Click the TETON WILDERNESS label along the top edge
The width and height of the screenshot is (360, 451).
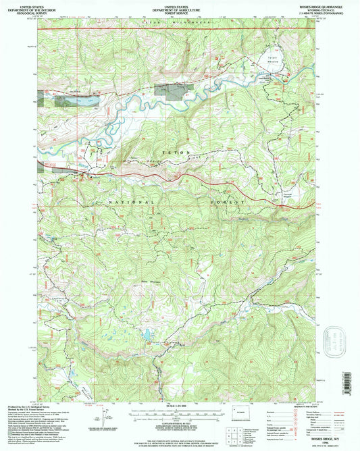tap(164, 22)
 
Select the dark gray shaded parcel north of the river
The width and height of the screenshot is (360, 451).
tap(170, 89)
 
